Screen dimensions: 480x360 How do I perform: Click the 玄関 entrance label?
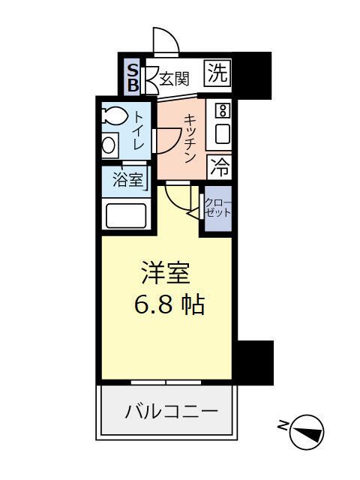pyautogui.click(x=173, y=77)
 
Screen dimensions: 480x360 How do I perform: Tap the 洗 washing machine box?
pyautogui.click(x=217, y=73)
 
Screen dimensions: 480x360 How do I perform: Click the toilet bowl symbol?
pyautogui.click(x=116, y=116)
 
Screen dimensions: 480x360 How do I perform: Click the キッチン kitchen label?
pyautogui.click(x=190, y=138)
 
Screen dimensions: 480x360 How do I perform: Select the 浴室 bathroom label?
pyautogui.click(x=127, y=180)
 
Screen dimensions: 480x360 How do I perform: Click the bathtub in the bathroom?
pyautogui.click(x=127, y=215)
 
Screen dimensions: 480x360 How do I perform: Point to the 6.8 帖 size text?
pyautogui.click(x=169, y=305)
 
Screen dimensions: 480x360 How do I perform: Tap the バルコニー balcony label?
pyautogui.click(x=171, y=411)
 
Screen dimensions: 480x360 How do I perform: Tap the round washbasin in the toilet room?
pyautogui.click(x=109, y=145)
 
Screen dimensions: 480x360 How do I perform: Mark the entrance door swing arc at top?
pyautogui.click(x=165, y=41)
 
